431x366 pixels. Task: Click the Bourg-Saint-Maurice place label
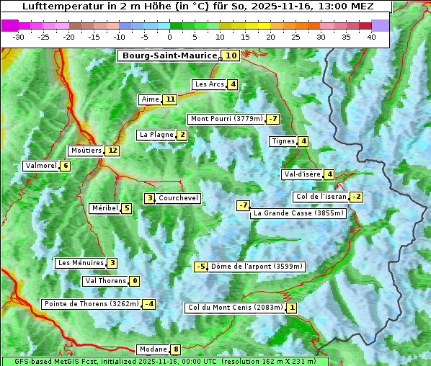pyautogui.click(x=169, y=55)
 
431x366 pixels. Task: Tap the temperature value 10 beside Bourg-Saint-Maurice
pyautogui.click(x=231, y=55)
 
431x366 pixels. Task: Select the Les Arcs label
pyautogui.click(x=210, y=84)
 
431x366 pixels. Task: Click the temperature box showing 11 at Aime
pyautogui.click(x=169, y=99)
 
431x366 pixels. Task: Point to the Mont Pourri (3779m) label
pyautogui.click(x=226, y=119)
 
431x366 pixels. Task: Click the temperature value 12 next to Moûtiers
pyautogui.click(x=112, y=151)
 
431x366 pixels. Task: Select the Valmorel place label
pyautogui.click(x=40, y=166)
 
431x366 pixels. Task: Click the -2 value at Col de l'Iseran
pyautogui.click(x=356, y=197)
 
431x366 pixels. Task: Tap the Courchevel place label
pyautogui.click(x=178, y=198)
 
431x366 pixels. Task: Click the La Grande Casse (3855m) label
pyautogui.click(x=298, y=213)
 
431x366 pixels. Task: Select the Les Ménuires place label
pyautogui.click(x=81, y=263)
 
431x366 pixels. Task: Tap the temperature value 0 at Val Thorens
pyautogui.click(x=134, y=281)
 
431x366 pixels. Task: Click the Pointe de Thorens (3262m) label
pyautogui.click(x=91, y=304)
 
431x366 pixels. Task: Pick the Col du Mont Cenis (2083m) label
pyautogui.click(x=235, y=308)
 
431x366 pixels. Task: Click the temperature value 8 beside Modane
pyautogui.click(x=175, y=349)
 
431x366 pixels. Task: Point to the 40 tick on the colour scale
pyautogui.click(x=371, y=37)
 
